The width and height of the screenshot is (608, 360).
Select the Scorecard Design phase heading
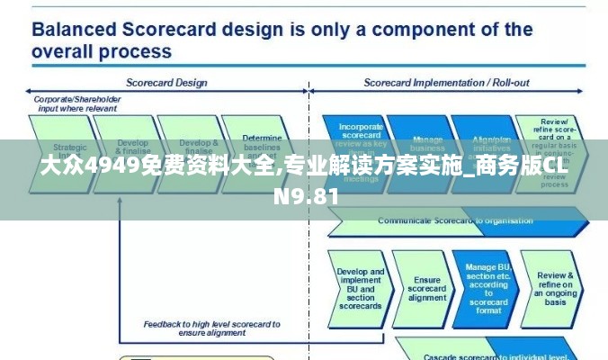(165, 83)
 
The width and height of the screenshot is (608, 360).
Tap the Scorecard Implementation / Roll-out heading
(446, 83)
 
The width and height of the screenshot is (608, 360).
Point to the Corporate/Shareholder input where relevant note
(76, 103)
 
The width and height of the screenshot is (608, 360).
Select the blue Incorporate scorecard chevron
(361, 135)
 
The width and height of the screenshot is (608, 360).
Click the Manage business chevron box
(427, 142)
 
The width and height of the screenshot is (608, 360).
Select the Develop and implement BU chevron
(360, 288)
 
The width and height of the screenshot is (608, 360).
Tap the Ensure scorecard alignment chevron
(426, 288)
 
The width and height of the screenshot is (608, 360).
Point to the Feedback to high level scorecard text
(211, 327)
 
